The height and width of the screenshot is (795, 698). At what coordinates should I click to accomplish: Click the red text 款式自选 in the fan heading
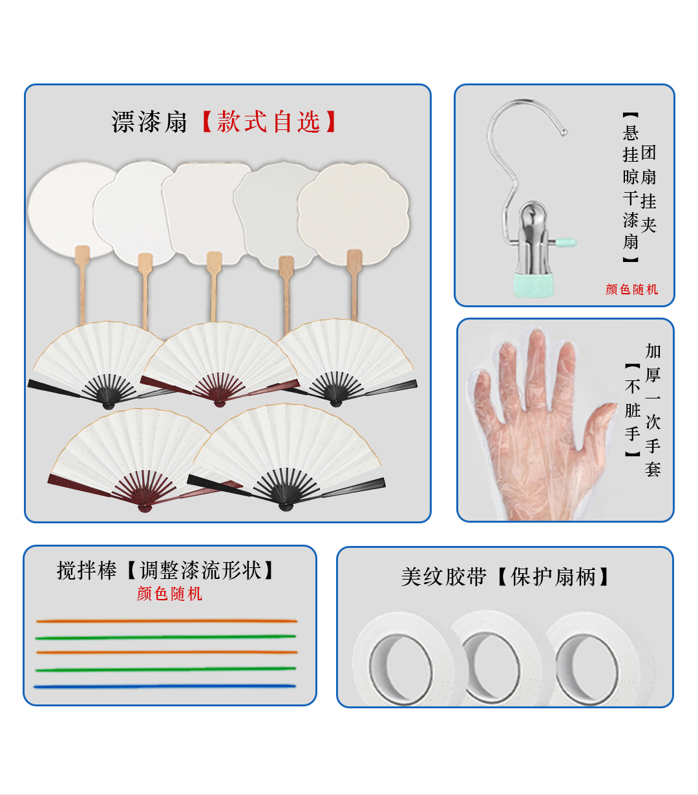click(x=268, y=122)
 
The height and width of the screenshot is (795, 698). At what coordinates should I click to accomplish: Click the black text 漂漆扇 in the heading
click(x=149, y=122)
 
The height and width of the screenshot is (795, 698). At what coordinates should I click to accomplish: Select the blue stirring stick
click(x=165, y=686)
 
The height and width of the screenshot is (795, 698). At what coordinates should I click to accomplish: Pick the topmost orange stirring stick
click(x=167, y=621)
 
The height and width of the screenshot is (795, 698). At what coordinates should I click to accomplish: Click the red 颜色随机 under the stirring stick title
click(x=169, y=594)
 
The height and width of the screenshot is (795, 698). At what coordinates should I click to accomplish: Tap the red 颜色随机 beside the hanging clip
click(x=631, y=289)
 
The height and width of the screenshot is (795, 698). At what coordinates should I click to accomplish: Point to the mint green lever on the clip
click(x=565, y=244)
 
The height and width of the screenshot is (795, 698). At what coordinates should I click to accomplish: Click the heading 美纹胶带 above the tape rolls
click(x=443, y=576)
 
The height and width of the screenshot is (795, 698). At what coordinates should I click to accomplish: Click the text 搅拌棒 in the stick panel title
click(x=87, y=571)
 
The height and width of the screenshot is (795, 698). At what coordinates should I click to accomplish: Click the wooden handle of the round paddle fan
click(x=82, y=285)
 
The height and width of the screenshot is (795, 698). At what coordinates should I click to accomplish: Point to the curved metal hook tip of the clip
click(x=564, y=133)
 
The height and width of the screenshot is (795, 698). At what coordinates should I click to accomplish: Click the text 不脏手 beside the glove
click(x=632, y=410)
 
